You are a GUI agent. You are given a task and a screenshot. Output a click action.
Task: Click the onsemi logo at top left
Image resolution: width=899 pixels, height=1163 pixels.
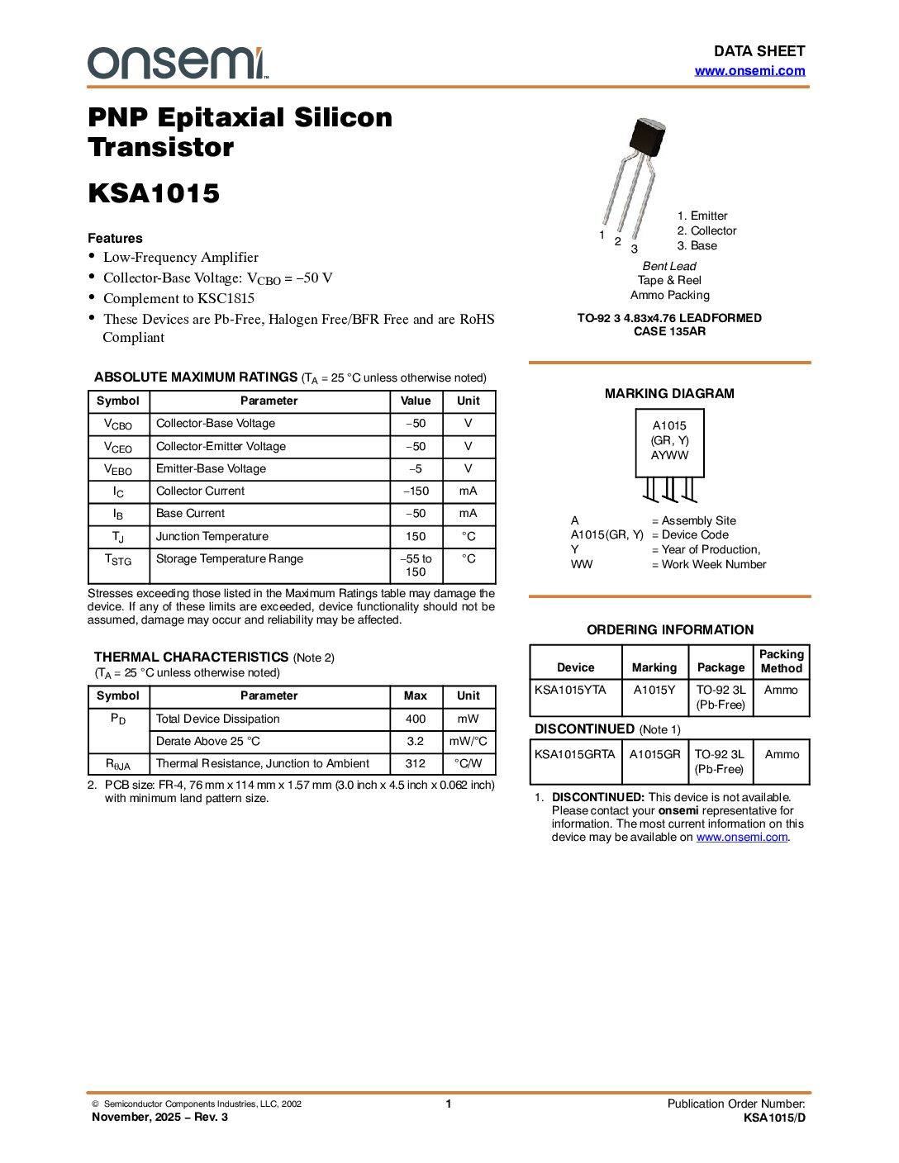(x=177, y=63)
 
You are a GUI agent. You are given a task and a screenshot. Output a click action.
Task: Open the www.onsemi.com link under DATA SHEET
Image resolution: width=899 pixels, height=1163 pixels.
(x=749, y=71)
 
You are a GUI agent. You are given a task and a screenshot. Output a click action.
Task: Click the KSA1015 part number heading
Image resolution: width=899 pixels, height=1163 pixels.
(x=154, y=193)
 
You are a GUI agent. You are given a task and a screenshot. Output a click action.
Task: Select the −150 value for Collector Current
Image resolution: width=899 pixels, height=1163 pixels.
(x=416, y=491)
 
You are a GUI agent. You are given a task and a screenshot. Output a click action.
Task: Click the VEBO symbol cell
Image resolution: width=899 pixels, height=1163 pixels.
(x=118, y=469)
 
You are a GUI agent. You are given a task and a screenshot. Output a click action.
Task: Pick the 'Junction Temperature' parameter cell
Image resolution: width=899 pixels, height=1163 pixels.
(x=212, y=536)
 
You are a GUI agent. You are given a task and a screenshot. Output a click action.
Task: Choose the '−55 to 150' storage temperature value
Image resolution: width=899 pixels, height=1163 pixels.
(x=416, y=565)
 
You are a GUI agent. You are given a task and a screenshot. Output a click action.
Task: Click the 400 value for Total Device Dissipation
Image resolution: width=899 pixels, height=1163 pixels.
(x=416, y=719)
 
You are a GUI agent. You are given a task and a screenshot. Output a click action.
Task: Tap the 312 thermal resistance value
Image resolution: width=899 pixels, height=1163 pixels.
(x=416, y=763)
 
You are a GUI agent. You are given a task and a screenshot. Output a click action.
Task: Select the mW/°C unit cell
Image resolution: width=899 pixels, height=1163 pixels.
(x=469, y=741)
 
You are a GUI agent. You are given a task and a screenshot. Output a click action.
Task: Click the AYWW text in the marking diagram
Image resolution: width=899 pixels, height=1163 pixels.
(x=669, y=455)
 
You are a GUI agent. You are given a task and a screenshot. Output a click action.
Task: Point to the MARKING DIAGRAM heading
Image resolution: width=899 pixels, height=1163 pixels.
(x=669, y=394)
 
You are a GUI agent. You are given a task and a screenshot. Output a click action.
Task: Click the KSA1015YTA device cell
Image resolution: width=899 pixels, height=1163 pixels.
(x=570, y=690)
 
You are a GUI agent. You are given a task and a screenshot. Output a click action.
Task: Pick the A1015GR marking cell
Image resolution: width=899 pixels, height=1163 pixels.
(x=655, y=754)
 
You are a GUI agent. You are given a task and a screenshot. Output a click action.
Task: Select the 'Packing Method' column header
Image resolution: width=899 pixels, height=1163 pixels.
(x=781, y=661)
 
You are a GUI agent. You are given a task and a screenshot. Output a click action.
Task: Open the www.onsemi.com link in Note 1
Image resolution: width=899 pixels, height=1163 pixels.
(x=742, y=837)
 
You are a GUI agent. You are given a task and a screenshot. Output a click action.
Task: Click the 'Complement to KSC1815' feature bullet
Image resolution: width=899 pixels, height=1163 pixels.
(x=178, y=298)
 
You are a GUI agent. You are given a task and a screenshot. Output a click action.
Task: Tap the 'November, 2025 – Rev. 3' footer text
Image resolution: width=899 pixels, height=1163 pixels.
(x=159, y=1117)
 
